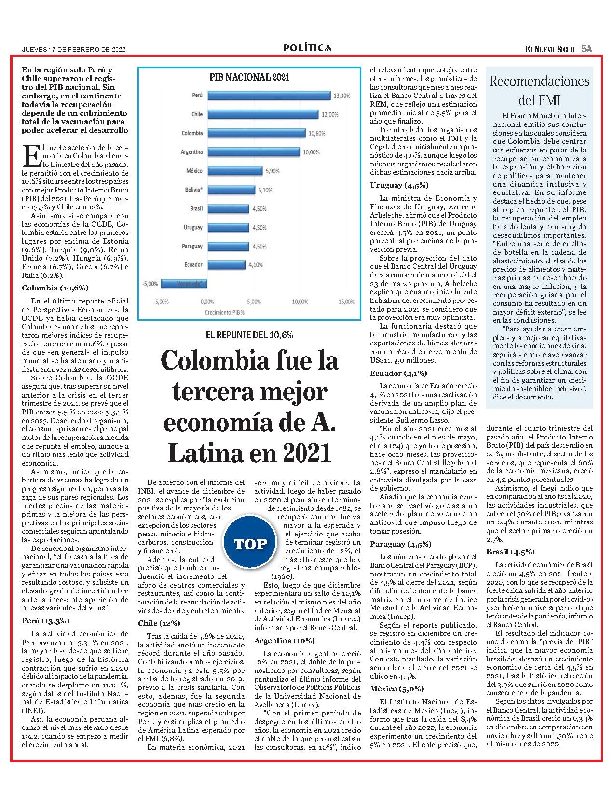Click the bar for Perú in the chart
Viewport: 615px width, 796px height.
(x=269, y=95)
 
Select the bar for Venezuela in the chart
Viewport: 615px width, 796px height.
(x=184, y=283)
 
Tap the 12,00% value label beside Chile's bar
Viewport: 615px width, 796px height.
(x=330, y=115)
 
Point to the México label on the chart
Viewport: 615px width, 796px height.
(x=194, y=171)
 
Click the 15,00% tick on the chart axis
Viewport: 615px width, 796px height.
(x=346, y=302)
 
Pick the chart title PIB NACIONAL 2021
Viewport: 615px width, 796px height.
(x=249, y=77)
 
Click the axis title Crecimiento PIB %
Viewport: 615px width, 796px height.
(x=225, y=313)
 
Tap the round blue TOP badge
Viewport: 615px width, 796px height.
(x=250, y=544)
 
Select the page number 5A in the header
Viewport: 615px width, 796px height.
(x=587, y=49)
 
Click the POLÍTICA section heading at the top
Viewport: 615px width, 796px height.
(x=308, y=48)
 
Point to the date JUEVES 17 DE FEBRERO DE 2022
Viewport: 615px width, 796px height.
(x=74, y=50)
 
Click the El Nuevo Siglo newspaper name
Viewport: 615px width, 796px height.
(x=549, y=49)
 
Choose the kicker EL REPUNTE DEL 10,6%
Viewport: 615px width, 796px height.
(x=249, y=335)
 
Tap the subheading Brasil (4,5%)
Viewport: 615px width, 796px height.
(x=510, y=552)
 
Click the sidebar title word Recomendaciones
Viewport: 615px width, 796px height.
(x=540, y=82)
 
